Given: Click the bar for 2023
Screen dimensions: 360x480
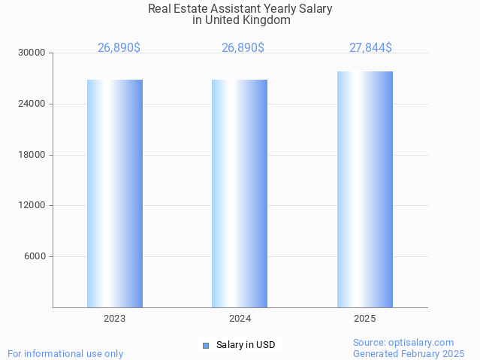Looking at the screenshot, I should point(115,193).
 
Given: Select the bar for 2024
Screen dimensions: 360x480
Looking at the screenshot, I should point(240,193).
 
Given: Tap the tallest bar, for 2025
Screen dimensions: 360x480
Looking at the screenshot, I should point(365,189).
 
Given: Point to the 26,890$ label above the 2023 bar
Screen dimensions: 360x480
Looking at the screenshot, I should point(119,48).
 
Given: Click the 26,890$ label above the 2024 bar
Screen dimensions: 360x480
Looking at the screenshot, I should point(243,48).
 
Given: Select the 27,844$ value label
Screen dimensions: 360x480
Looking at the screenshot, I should point(370,48).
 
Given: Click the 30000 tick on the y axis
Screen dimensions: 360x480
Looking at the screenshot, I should point(32,53).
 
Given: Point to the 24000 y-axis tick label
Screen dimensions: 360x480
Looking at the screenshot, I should point(32,104).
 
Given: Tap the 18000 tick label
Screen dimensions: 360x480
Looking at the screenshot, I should point(32,155).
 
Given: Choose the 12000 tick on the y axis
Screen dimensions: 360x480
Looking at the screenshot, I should point(32,205).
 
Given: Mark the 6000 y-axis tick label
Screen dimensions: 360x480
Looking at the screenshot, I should point(35,256).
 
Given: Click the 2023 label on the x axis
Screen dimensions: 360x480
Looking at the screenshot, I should point(115,319).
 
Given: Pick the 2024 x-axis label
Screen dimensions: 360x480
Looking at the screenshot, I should point(240,319).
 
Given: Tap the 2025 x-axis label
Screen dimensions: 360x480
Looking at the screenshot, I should point(365,319).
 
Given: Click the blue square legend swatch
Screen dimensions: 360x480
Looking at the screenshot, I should point(206,346).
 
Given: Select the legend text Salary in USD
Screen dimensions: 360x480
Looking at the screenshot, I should point(246,346).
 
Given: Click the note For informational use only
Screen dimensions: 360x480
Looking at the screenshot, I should point(65,354).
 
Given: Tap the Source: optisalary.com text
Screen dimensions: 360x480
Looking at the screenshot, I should point(403,343).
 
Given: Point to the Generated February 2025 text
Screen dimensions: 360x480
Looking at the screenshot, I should point(409,354).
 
